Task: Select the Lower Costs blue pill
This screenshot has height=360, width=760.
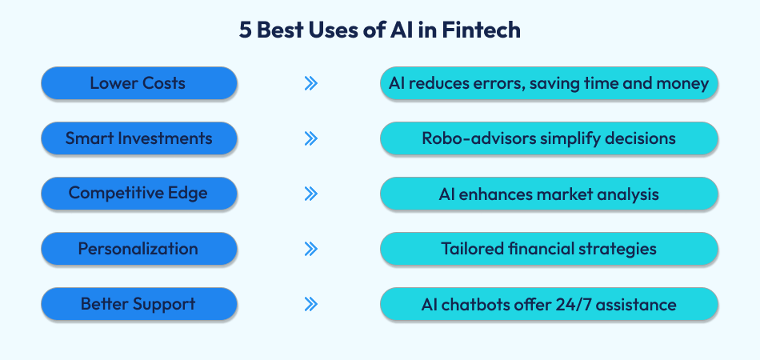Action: [x=139, y=83]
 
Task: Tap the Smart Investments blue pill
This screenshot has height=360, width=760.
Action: [x=139, y=138]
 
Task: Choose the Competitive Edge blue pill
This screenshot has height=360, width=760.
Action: [x=139, y=194]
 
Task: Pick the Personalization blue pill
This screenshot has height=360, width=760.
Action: [x=139, y=249]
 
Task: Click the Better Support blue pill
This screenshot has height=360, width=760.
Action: [x=139, y=304]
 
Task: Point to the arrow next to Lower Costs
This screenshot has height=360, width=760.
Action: [x=311, y=83]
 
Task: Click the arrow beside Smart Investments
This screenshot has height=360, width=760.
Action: [x=311, y=138]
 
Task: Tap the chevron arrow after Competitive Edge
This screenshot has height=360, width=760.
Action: [x=311, y=194]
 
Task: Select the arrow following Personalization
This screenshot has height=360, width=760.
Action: [x=311, y=249]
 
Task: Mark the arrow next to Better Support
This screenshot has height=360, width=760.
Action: [x=311, y=304]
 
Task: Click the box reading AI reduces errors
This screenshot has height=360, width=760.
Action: [x=549, y=83]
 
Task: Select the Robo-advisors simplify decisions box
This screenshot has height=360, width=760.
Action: [x=549, y=138]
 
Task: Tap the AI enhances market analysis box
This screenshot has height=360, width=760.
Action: [x=549, y=194]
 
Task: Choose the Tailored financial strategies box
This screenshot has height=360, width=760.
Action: [x=549, y=249]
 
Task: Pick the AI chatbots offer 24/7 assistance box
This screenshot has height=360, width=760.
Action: [x=549, y=304]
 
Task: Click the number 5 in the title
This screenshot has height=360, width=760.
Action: [x=245, y=30]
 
